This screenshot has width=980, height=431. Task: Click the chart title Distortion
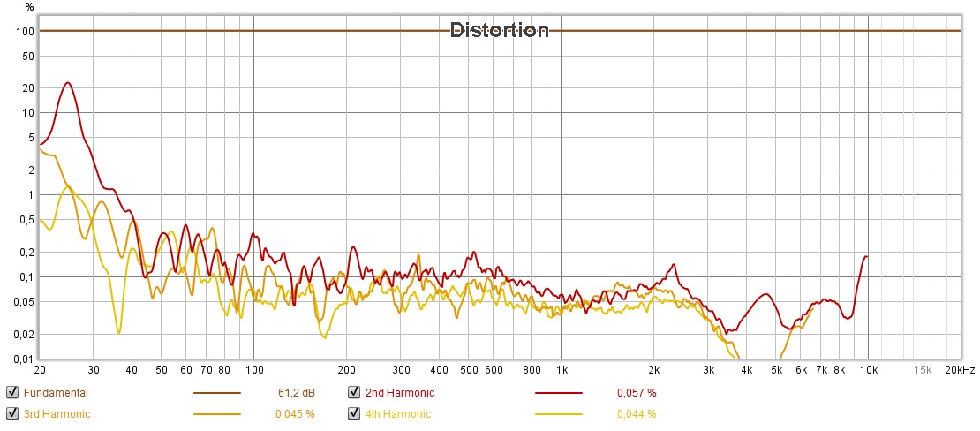(500, 30)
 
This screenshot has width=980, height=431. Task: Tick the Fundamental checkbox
(11, 393)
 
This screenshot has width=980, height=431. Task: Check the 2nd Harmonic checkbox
(354, 393)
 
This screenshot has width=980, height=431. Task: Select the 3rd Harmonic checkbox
(11, 413)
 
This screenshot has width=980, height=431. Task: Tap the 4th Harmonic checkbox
(354, 413)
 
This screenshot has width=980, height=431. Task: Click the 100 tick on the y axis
(25, 31)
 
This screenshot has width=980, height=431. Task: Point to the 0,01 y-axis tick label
(23, 359)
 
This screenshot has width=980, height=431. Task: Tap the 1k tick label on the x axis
(561, 369)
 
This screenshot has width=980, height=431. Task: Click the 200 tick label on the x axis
(346, 369)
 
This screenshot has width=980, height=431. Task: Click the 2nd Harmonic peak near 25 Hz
(68, 83)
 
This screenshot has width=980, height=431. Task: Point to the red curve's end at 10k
(867, 256)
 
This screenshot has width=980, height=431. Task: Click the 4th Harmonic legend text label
(397, 413)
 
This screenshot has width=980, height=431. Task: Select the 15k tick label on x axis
(923, 369)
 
